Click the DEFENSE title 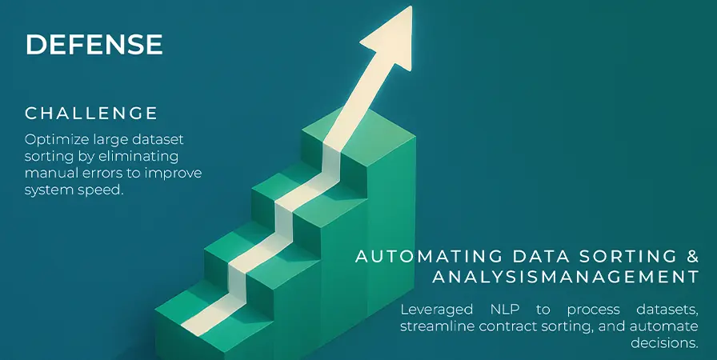94,45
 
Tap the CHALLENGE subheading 91,114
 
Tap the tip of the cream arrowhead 411,7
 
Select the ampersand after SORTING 693,256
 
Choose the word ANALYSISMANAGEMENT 566,277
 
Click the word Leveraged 437,310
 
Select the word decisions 664,343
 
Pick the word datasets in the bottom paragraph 667,310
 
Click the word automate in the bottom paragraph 664,326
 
